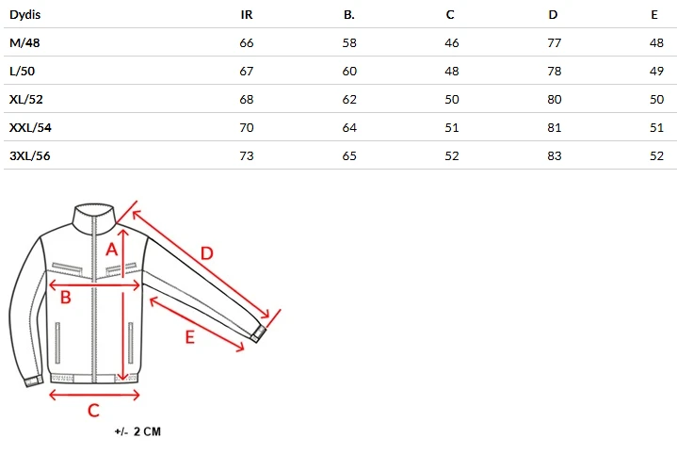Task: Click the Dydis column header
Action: [x=25, y=15]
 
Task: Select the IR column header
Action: [x=247, y=15]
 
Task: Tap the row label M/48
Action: [x=24, y=42]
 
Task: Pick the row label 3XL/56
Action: [x=30, y=155]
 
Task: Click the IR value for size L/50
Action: [x=247, y=71]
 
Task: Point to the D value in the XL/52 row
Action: [x=555, y=99]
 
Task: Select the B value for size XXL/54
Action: [x=349, y=127]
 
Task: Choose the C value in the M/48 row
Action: [x=452, y=42]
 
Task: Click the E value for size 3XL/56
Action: [x=656, y=155]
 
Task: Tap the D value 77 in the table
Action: [x=555, y=42]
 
